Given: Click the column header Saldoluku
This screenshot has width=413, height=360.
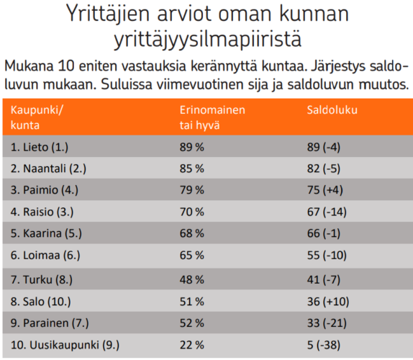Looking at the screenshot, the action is point(332,110).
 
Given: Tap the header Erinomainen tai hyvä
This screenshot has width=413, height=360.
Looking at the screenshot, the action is point(212,117).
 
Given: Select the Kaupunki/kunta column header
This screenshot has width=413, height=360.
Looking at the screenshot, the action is point(37,117).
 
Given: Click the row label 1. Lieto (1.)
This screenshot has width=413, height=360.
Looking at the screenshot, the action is point(40,147).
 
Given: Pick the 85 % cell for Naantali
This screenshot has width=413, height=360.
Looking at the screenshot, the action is point(191,168).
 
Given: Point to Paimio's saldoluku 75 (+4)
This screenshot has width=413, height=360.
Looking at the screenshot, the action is point(324,190).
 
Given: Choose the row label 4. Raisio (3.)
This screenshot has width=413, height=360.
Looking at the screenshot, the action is point(42,212).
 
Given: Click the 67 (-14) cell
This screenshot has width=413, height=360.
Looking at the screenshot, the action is point(327,212).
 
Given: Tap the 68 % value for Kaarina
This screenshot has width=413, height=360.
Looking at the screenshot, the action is point(191,233).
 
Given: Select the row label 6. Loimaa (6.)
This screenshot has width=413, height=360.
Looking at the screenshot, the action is point(45,256).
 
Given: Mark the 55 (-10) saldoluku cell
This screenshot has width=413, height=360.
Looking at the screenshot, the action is point(327,256).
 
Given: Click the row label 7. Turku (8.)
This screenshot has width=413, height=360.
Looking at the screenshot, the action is point(41,279).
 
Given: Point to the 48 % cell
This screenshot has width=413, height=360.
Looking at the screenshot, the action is point(191,279).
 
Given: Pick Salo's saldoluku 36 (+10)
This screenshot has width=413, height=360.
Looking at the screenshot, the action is point(328,302).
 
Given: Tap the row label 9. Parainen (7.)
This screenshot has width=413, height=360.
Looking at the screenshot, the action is point(50,323).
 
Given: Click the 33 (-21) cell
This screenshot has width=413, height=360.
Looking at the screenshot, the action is point(327,323).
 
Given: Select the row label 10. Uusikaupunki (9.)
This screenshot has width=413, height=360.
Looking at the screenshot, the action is point(65,345).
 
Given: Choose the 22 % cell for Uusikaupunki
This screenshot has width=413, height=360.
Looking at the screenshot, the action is point(191,345).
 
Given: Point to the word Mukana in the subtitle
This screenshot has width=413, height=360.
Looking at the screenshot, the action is point(29,66).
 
